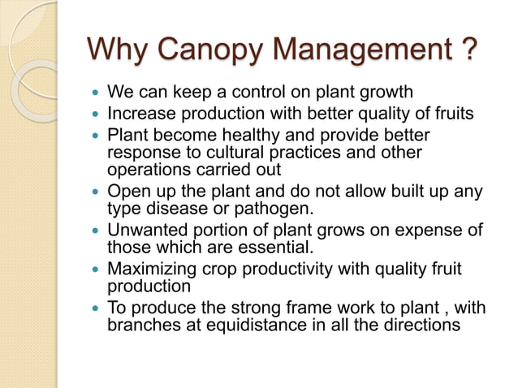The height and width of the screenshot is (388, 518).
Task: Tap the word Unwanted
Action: click(x=145, y=231)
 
